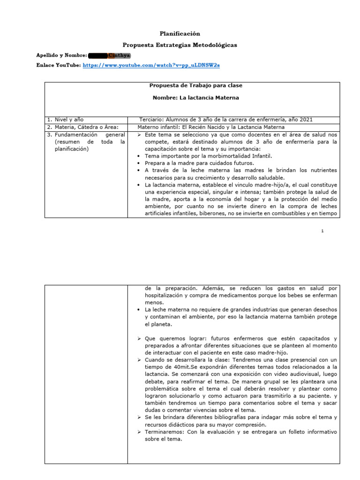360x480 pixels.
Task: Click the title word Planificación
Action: click(180, 34)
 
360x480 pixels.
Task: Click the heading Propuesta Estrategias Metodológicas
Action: click(180, 45)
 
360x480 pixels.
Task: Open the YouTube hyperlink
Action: click(151, 66)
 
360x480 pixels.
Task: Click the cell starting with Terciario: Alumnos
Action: click(226, 120)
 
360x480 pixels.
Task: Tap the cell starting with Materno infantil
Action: click(211, 127)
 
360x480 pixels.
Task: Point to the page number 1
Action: click(322, 231)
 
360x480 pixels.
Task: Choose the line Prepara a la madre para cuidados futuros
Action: click(200, 163)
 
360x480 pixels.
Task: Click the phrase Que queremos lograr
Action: click(170, 338)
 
